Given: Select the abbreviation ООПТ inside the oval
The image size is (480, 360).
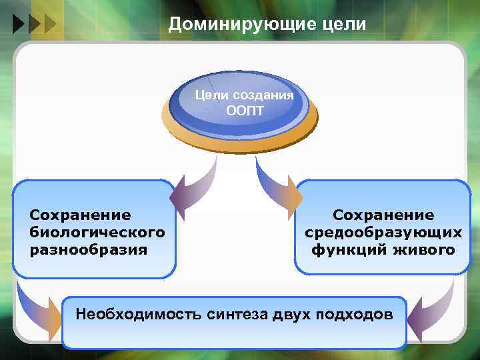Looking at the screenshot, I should point(245,110).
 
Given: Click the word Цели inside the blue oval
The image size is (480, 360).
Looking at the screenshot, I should point(209,95).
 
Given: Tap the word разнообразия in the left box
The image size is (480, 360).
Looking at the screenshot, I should point(89,249).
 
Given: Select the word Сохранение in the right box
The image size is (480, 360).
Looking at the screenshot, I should point(383,215).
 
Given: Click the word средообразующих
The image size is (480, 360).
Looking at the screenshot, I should point(383,233).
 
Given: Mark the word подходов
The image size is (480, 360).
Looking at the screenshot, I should point(357,314).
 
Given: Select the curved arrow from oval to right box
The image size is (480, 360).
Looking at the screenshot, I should point(277,187).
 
